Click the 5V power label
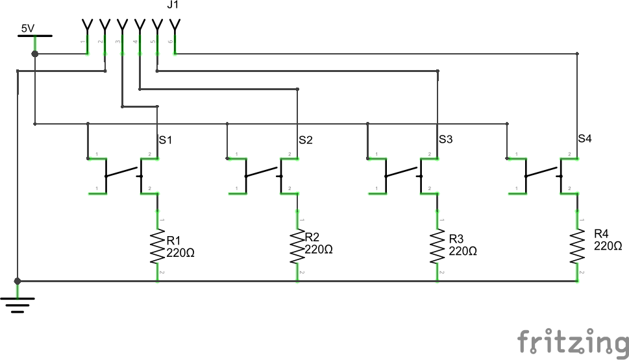pyautogui.click(x=27, y=29)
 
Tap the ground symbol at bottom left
pyautogui.click(x=18, y=302)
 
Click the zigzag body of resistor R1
pyautogui.click(x=158, y=246)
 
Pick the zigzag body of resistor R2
pyautogui.click(x=297, y=246)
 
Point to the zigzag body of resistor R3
pyautogui.click(x=438, y=246)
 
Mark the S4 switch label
pyautogui.click(x=586, y=138)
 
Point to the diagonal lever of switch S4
pyautogui.click(x=542, y=173)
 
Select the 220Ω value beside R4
pyautogui.click(x=608, y=246)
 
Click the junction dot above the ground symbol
pyautogui.click(x=18, y=281)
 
